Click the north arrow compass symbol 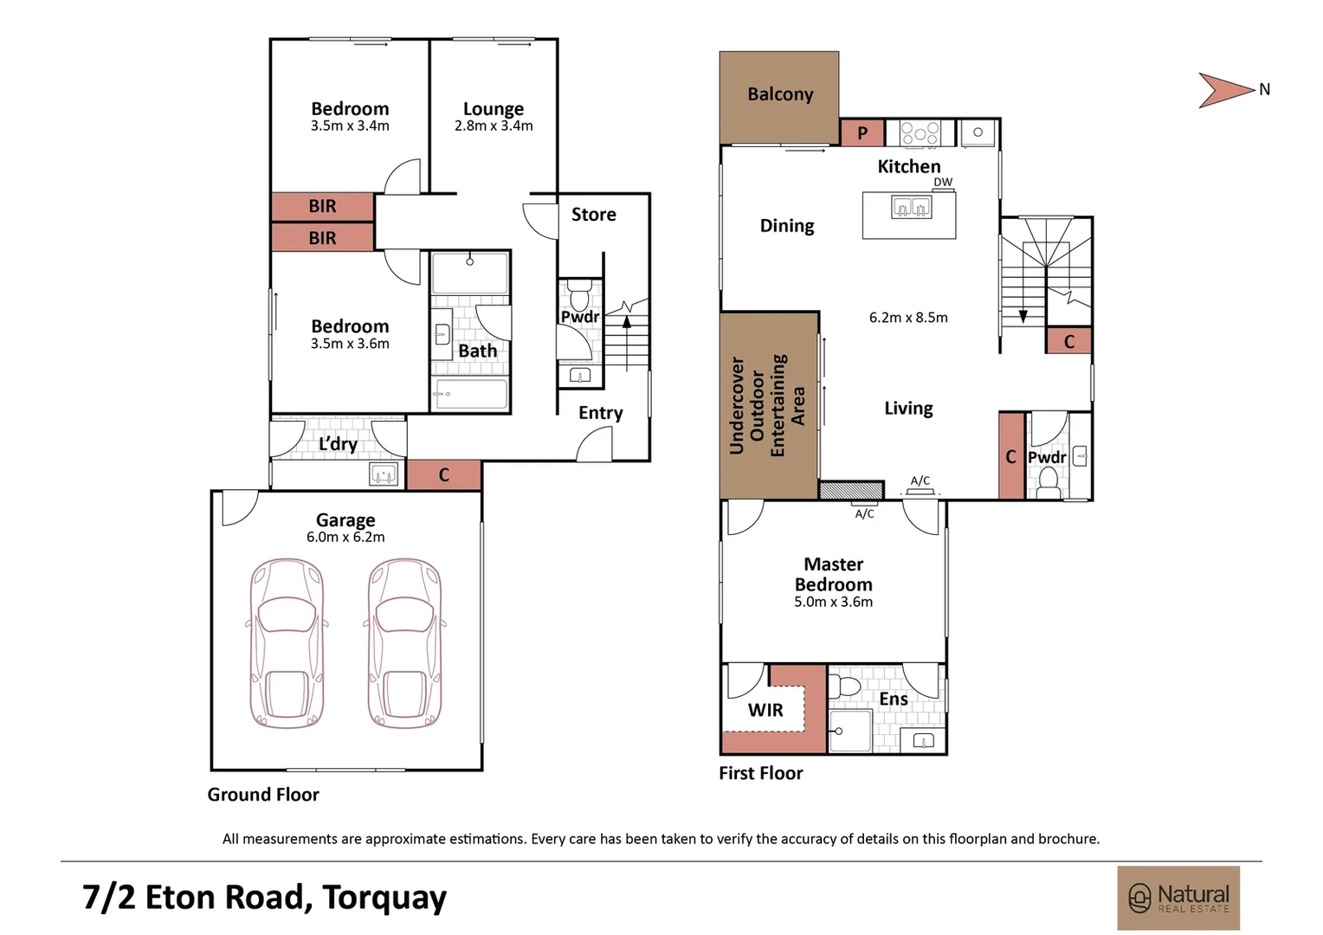[x=1225, y=90]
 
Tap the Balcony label [x=780, y=94]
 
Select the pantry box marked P [x=862, y=133]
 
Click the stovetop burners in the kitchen [x=920, y=132]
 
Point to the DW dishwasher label [x=943, y=183]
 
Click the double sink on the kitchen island [x=911, y=208]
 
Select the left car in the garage [x=287, y=643]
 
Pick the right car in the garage [x=404, y=643]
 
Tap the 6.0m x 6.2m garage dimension [x=345, y=538]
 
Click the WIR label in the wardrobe [x=765, y=711]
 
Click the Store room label [x=593, y=215]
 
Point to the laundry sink [x=384, y=474]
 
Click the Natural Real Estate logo [x=1178, y=898]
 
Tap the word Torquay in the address [x=384, y=898]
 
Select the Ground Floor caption [x=263, y=795]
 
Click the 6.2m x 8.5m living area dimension [x=908, y=318]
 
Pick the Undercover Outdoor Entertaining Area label [x=767, y=405]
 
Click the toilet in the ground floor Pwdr [x=579, y=293]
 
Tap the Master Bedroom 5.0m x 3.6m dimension [x=833, y=603]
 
